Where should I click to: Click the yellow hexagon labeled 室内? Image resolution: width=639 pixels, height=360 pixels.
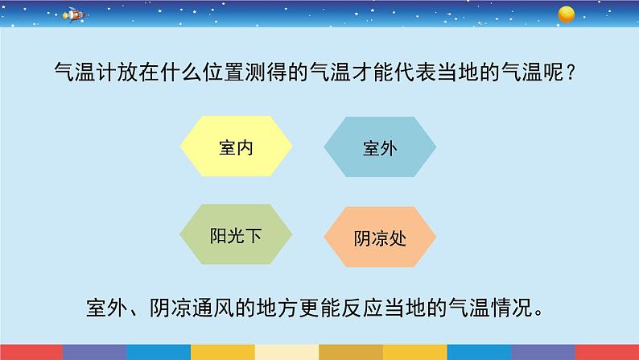click(x=236, y=147)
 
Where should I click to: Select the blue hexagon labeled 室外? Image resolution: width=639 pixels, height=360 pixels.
click(x=379, y=147)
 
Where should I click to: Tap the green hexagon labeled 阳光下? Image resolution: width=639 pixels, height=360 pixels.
click(x=236, y=235)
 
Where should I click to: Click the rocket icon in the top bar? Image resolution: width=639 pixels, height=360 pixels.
click(x=72, y=14)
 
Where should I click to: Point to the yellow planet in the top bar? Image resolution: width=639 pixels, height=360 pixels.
click(x=566, y=13)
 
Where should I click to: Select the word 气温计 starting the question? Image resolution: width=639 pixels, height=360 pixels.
click(x=83, y=73)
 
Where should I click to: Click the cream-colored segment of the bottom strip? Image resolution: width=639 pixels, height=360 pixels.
click(x=287, y=352)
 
